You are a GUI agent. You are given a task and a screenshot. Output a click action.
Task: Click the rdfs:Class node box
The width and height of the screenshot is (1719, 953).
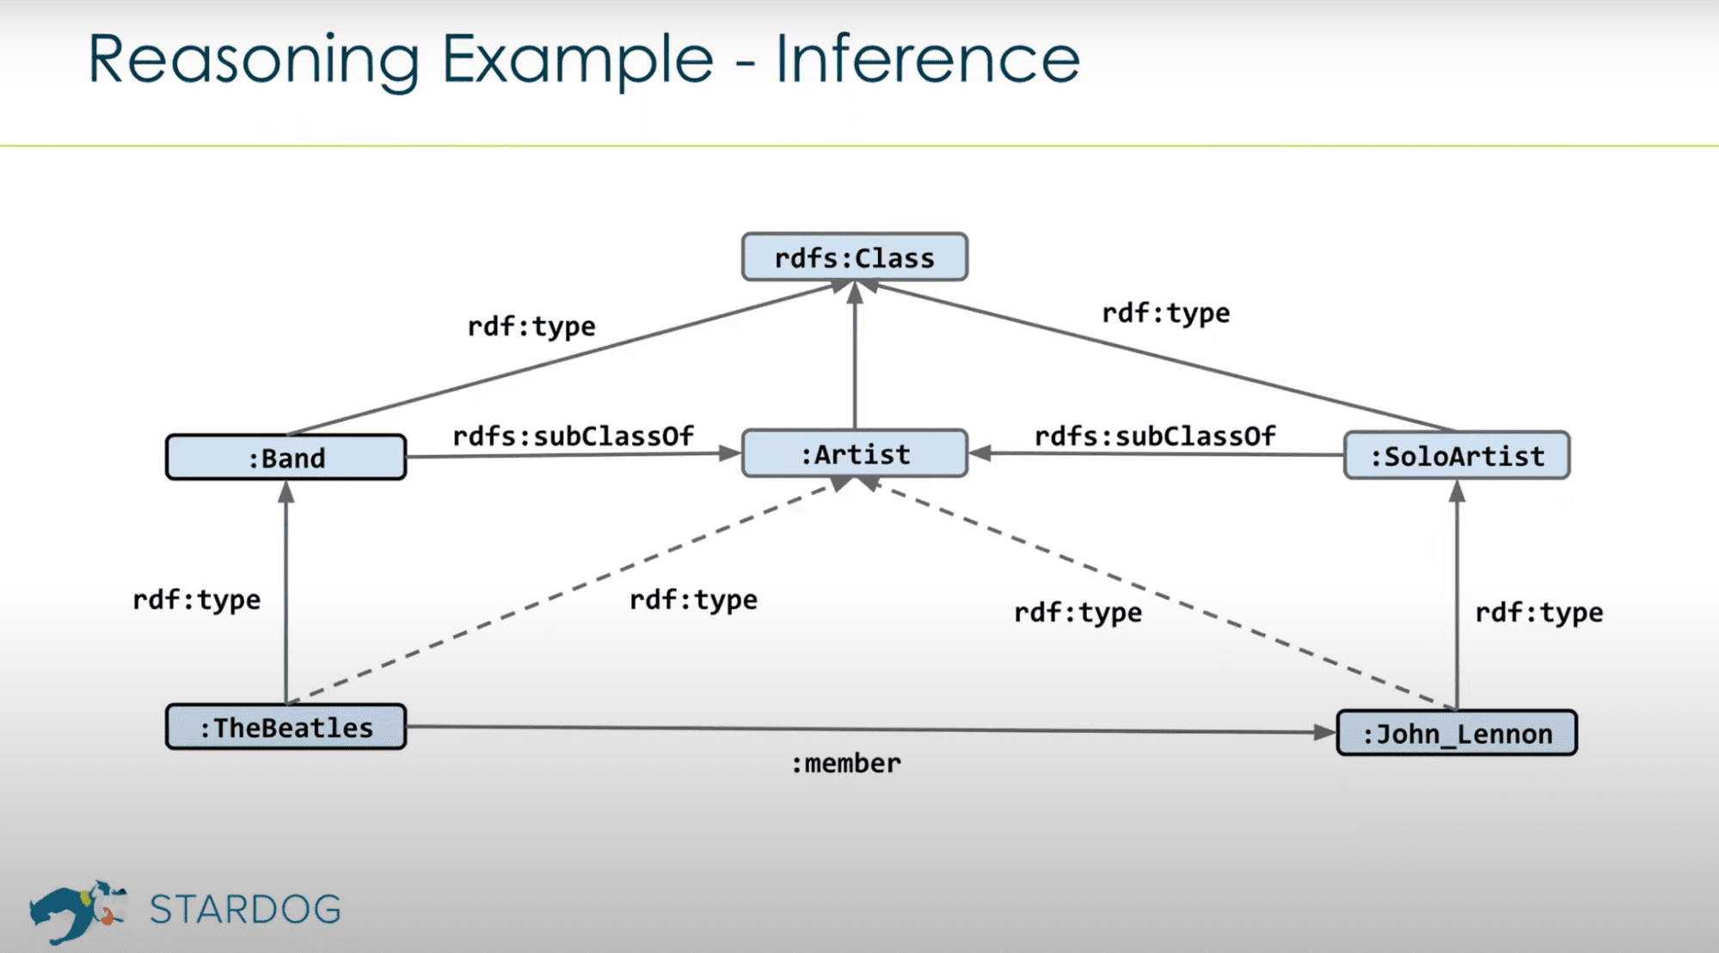point(854,257)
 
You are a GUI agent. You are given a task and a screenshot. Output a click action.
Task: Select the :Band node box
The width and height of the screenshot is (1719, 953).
point(285,458)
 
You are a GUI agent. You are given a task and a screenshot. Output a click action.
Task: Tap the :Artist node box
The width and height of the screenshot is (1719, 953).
point(854,454)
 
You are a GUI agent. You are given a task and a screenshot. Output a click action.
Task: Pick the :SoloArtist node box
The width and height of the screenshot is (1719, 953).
point(1456,456)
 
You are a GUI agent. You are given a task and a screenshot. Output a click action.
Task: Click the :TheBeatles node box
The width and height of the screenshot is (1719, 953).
point(285,728)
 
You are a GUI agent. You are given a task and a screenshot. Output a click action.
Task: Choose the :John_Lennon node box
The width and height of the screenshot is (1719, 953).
point(1456,734)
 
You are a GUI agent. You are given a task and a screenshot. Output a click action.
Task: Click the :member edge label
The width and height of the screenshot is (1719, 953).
point(845,764)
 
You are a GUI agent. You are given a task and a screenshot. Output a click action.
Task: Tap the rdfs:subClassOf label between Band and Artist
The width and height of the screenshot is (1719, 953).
point(573,436)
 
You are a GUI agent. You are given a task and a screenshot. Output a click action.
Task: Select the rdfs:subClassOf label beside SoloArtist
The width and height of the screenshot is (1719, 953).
point(1154,436)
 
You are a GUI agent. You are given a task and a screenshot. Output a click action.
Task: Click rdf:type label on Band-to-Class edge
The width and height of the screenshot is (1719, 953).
point(531,326)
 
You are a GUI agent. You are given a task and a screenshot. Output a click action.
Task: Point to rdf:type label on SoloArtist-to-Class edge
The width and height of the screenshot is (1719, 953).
point(1165,313)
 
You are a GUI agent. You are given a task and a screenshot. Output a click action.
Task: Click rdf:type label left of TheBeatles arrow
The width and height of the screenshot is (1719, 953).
point(196,599)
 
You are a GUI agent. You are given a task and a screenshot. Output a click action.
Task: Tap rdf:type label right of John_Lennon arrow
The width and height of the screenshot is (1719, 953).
point(1538,612)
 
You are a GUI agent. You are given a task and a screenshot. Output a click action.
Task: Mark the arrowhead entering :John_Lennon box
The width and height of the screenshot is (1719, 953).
point(1324,732)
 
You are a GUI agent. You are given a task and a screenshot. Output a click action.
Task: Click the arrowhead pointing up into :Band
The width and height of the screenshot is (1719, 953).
point(286,492)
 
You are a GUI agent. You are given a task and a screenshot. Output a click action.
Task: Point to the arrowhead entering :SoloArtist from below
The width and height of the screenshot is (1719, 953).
point(1457,491)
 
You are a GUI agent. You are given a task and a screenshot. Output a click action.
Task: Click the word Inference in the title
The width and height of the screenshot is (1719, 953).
point(927,58)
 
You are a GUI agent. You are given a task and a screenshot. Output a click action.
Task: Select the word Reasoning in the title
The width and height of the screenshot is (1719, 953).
point(254,60)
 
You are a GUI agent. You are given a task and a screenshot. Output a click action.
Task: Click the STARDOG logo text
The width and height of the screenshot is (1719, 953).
point(245,909)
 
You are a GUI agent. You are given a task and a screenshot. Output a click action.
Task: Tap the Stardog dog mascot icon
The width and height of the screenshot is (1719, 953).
point(76,910)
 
